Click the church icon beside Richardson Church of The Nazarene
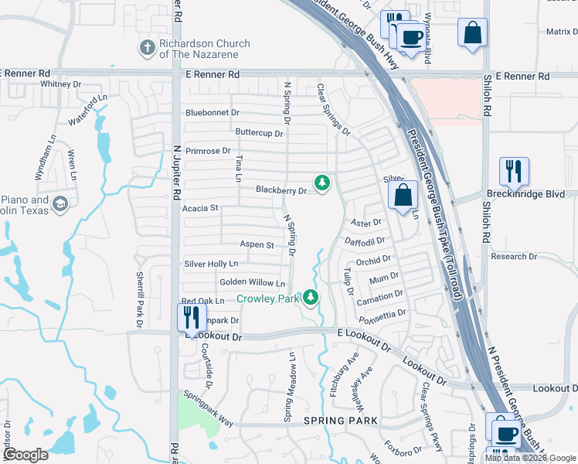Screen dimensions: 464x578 point(147,48)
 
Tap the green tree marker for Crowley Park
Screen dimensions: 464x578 point(311,297)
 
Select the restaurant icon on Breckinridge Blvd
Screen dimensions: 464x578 point(514,172)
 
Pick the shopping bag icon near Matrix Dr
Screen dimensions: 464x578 point(472,33)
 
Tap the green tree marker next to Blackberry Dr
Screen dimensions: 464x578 point(321,183)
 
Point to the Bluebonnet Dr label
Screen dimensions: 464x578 point(212,113)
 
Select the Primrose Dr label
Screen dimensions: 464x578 point(205,151)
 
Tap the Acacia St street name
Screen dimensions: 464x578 point(201,208)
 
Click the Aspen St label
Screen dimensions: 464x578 point(257,245)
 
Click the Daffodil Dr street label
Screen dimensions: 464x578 point(367,242)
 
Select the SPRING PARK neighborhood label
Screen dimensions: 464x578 point(341,421)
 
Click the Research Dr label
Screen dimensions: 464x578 point(513,257)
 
